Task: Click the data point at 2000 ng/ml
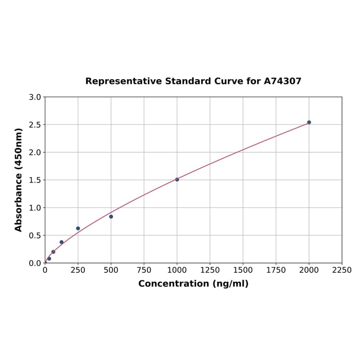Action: pyautogui.click(x=309, y=123)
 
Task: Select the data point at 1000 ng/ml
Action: pyautogui.click(x=177, y=180)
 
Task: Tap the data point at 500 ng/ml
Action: pyautogui.click(x=111, y=217)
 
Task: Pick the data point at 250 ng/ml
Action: pyautogui.click(x=78, y=229)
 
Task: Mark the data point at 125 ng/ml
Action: pyautogui.click(x=62, y=242)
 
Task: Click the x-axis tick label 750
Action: pyautogui.click(x=144, y=270)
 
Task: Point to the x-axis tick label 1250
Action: pyautogui.click(x=210, y=270)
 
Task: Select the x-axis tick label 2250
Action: pyautogui.click(x=342, y=270)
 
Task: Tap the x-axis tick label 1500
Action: pyautogui.click(x=243, y=270)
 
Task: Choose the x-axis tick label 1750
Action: pyautogui.click(x=276, y=270)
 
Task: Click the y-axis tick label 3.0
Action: pyautogui.click(x=35, y=97)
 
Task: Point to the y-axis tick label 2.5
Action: pyautogui.click(x=35, y=125)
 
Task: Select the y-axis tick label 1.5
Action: pyautogui.click(x=35, y=180)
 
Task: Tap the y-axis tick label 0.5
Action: pyautogui.click(x=35, y=236)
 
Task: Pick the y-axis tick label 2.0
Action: pyautogui.click(x=35, y=153)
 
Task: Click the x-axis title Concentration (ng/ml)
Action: pyautogui.click(x=193, y=284)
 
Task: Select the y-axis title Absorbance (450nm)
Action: pyautogui.click(x=19, y=180)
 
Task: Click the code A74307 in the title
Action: pyautogui.click(x=282, y=82)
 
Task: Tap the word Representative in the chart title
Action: pyautogui.click(x=124, y=82)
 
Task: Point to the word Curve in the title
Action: pyautogui.click(x=229, y=82)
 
